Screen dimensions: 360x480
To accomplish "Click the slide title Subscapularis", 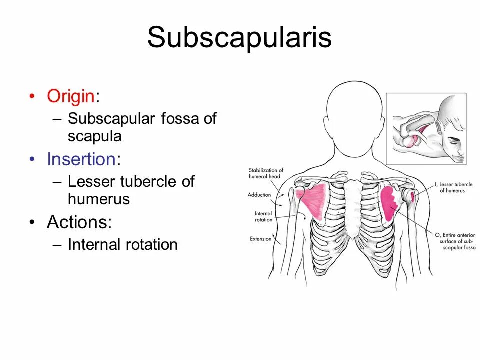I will click(239, 37).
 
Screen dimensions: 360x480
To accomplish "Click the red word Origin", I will click(71, 96).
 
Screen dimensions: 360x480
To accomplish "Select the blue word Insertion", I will click(81, 159).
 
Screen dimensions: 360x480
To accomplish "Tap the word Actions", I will click(79, 222).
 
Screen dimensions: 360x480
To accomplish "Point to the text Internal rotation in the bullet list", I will click(122, 244).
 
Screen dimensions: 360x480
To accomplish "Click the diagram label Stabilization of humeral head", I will click(266, 173).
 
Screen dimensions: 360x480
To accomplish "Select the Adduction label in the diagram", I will click(259, 195).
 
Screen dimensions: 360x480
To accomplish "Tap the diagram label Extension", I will click(261, 239).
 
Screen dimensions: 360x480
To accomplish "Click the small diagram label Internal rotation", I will click(263, 216).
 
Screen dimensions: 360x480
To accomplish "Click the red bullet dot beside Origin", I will click(32, 96).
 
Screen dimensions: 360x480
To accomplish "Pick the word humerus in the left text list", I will click(98, 199).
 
